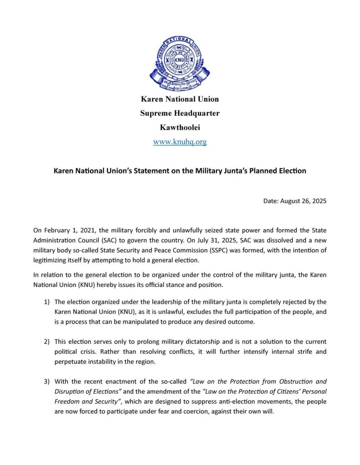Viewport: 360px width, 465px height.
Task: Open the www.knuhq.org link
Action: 180,142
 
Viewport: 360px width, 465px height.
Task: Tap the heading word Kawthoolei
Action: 180,128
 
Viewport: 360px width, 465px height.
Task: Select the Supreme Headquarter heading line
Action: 180,113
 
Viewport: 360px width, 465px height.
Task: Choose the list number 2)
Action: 47,341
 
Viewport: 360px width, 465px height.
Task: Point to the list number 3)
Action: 47,381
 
